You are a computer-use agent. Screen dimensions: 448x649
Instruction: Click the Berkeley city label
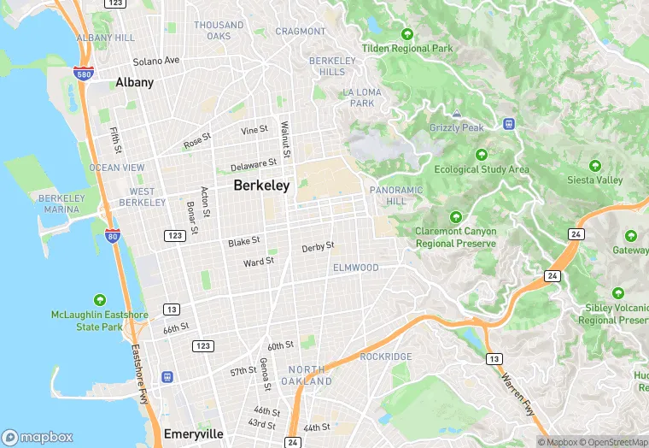tap(261, 186)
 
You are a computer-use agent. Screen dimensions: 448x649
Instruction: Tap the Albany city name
tap(134, 83)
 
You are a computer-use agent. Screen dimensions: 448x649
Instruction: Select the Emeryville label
tap(193, 433)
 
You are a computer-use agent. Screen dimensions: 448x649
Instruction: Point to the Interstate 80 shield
tap(111, 234)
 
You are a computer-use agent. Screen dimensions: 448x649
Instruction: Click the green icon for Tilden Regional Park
tap(407, 35)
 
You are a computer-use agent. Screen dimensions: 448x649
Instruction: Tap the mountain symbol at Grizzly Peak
tap(457, 113)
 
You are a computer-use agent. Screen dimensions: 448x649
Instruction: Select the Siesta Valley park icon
tap(595, 165)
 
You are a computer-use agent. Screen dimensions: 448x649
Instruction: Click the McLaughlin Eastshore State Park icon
tap(100, 299)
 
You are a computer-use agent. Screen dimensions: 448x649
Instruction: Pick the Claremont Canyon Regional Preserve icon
tap(456, 216)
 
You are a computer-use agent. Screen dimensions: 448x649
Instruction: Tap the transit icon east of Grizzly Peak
tap(510, 124)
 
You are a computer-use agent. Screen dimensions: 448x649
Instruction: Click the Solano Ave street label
tap(155, 61)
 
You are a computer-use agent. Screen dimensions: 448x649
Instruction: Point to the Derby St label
tap(318, 248)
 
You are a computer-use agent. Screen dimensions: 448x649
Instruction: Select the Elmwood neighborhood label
tap(355, 268)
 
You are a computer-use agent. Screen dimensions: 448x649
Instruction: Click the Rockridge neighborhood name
tap(386, 357)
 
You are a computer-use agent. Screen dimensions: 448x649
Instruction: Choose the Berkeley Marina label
tap(61, 203)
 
